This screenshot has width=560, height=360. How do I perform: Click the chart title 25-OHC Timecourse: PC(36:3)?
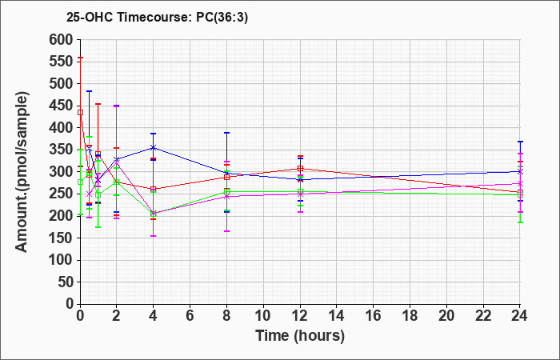click(157, 17)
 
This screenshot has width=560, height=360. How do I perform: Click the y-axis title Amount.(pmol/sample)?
click(22, 172)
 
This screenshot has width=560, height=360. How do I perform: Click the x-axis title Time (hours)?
click(300, 336)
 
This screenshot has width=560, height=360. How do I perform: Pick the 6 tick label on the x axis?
click(190, 316)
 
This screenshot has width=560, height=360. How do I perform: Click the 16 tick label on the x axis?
click(374, 316)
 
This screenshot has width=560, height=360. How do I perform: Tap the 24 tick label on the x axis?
click(520, 316)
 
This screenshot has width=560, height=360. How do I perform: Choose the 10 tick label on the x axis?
click(263, 316)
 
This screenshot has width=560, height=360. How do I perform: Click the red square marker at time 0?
click(80, 113)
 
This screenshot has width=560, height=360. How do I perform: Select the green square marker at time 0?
click(80, 182)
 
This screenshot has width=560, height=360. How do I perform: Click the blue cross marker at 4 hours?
click(154, 147)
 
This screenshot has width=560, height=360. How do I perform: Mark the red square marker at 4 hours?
click(154, 190)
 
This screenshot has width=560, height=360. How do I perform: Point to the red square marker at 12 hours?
click(300, 169)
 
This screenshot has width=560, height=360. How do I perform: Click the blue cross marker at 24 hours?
click(520, 172)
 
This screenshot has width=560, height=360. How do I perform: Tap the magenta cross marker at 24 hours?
click(520, 183)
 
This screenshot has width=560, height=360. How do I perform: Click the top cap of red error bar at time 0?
click(80, 58)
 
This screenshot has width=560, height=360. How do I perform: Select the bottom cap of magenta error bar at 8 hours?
click(226, 231)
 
